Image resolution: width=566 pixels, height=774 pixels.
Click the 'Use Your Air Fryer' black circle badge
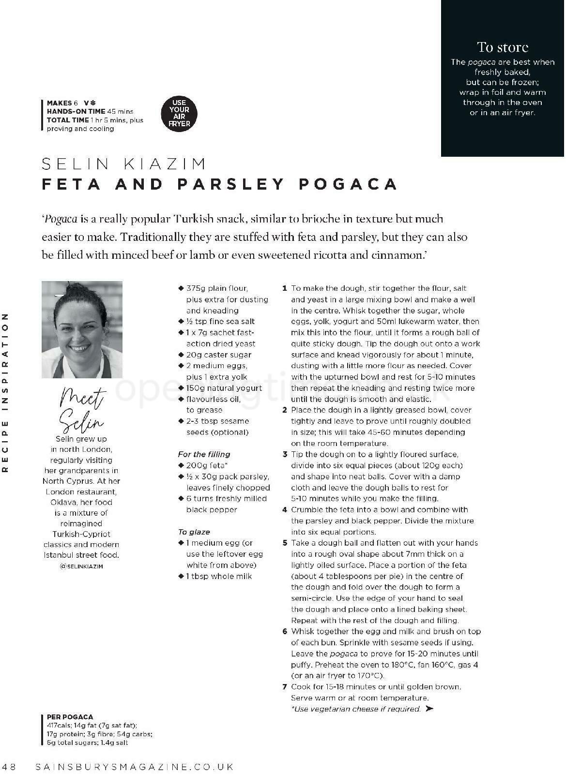(179, 113)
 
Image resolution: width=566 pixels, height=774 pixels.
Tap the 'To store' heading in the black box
(502, 47)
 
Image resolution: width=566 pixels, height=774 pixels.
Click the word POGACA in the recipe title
(348, 184)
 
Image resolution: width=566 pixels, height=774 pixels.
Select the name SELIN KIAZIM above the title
(124, 164)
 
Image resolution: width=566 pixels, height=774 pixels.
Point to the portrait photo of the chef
(82, 329)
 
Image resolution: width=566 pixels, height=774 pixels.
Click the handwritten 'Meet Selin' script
(82, 410)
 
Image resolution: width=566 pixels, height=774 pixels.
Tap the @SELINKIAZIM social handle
(81, 566)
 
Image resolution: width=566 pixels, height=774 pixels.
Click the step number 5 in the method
(285, 543)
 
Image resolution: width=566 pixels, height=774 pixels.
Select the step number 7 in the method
(285, 687)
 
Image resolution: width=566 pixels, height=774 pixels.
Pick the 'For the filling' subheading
(204, 454)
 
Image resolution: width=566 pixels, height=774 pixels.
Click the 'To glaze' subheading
(194, 532)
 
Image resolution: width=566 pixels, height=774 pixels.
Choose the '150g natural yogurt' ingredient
(224, 388)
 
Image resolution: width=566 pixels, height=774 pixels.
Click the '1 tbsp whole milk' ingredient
(219, 576)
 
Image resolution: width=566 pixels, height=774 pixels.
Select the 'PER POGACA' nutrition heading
(70, 717)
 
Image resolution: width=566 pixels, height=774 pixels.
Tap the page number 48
(9, 767)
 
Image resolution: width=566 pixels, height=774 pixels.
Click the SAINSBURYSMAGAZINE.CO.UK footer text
(135, 767)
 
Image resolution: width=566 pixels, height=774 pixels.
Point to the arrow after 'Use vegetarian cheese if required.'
(429, 709)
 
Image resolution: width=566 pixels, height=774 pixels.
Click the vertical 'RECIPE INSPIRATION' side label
(5, 392)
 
